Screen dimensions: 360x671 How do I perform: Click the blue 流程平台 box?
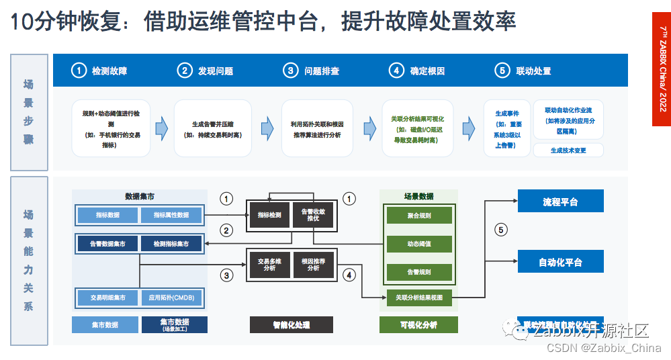560,201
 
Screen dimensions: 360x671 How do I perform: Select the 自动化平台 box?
560,262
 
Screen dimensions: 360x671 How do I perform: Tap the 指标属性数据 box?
171,215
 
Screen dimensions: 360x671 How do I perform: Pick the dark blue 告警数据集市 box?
107,243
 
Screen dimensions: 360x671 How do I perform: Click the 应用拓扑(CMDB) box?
171,297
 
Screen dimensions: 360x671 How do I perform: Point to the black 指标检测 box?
269,215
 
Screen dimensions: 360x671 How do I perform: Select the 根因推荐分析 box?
313,264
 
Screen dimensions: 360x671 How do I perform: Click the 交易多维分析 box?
269,264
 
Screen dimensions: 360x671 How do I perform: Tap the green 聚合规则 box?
419,216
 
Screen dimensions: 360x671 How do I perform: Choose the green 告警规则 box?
419,273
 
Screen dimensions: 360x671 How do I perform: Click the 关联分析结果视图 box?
419,297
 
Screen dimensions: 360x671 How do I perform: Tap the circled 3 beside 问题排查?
290,71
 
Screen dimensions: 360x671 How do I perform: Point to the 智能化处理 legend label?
292,325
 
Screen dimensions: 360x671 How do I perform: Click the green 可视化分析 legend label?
418,325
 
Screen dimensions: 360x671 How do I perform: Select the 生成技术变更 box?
568,150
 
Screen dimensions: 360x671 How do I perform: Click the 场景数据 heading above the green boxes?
418,196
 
